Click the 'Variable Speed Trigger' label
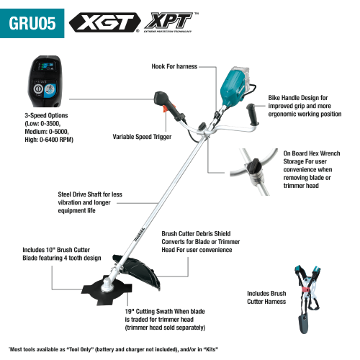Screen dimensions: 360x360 [x=147, y=135]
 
